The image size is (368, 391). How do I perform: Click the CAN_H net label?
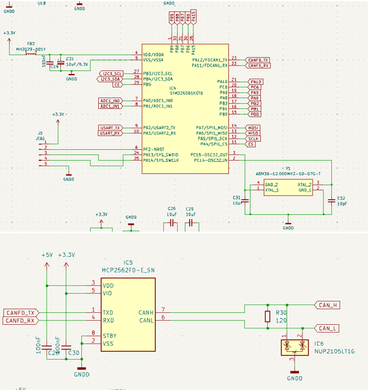pos(328,305)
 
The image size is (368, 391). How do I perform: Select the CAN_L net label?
pos(328,328)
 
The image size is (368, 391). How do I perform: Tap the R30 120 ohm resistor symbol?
pos(267,317)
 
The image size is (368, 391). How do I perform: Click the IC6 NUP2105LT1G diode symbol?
pos(294,346)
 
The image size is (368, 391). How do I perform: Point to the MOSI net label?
pos(253,128)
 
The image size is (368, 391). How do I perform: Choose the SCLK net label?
pos(253,138)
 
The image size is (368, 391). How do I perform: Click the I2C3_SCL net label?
pos(111,73)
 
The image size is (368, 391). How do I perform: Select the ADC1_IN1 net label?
pos(110,106)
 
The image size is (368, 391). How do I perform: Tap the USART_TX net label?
pos(111,128)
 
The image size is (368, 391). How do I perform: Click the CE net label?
pos(118,84)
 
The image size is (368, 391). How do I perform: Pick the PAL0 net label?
pos(255,81)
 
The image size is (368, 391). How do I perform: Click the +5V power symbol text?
pos(47,255)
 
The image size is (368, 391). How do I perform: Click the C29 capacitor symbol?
pos(191,223)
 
